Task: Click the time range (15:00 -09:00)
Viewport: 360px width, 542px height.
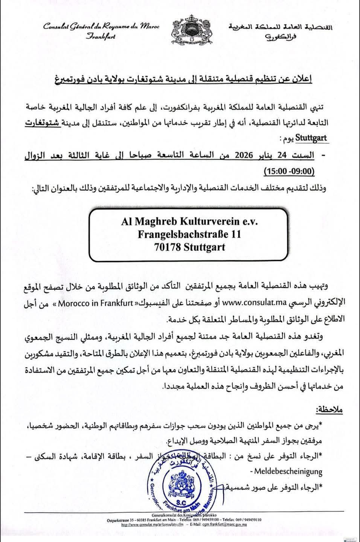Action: tap(289, 171)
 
